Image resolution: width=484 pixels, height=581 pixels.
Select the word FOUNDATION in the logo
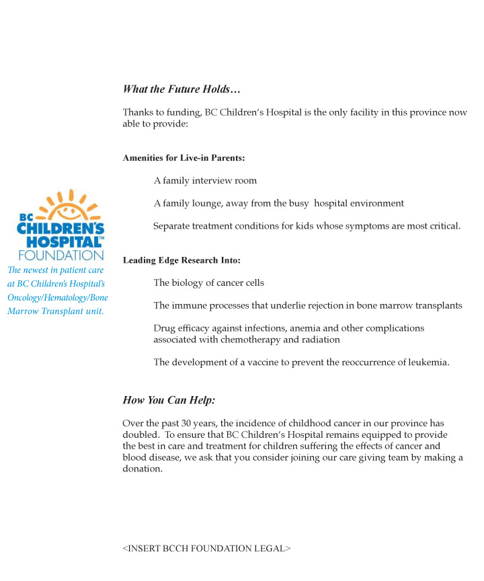[61, 256]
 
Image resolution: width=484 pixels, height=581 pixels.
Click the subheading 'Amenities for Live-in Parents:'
[184, 158]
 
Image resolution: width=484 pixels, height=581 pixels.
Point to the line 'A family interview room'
[205, 181]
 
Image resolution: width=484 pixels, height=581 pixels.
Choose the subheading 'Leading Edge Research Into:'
[182, 260]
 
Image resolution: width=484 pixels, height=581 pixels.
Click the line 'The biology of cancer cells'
[208, 283]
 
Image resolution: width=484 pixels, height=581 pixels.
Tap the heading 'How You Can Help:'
[169, 400]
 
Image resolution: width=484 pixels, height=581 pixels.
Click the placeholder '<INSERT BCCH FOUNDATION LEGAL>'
[206, 549]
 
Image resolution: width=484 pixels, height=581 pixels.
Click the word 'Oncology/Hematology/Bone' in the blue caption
[58, 298]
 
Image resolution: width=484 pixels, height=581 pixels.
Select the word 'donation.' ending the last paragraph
[143, 469]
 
